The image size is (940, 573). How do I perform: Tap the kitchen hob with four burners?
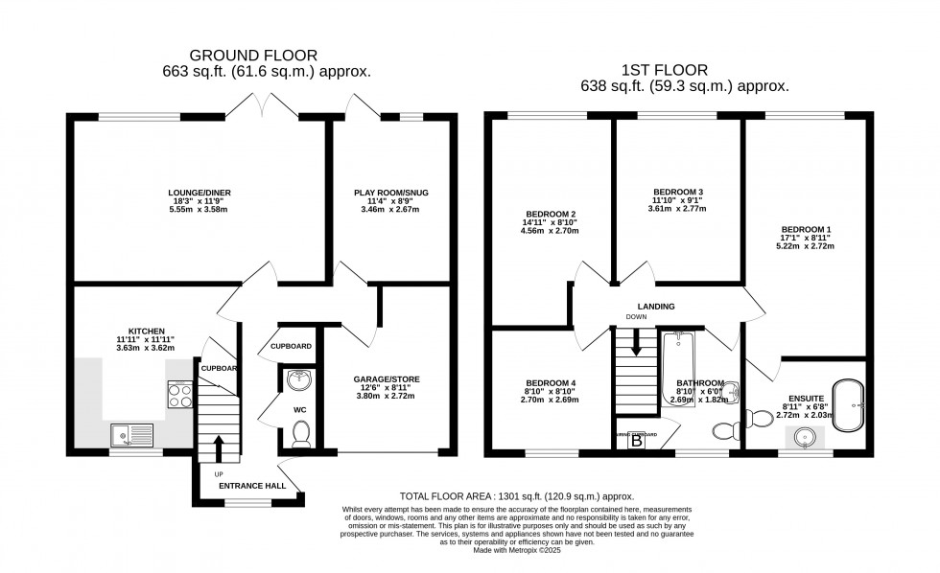click(x=180, y=394)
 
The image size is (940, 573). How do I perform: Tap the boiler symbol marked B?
click(x=635, y=440)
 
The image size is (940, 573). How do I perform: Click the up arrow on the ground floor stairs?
click(x=220, y=447)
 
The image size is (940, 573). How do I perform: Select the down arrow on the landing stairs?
click(x=636, y=344)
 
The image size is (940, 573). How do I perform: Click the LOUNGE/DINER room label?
click(x=199, y=192)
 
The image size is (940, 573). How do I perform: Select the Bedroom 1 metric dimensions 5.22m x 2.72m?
click(x=807, y=246)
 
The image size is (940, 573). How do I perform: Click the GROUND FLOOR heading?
click(x=253, y=56)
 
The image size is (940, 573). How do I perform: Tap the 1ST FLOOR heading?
click(x=679, y=70)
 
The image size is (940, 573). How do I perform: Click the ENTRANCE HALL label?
click(x=251, y=486)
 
